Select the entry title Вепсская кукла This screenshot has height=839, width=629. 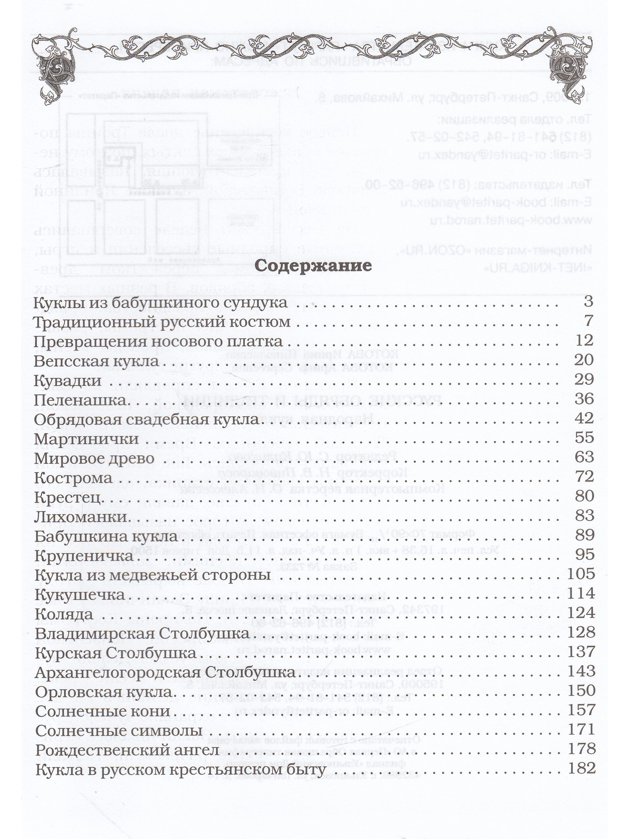pyautogui.click(x=96, y=361)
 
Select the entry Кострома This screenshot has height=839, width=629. pyautogui.click(x=74, y=478)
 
